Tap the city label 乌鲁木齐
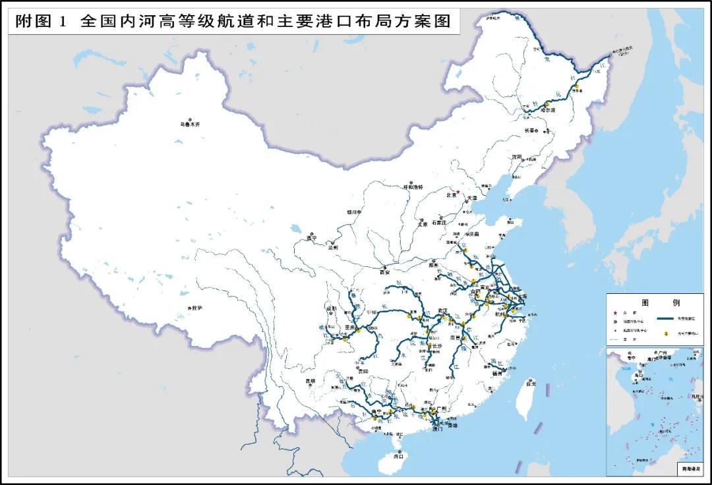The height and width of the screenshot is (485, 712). click(x=189, y=124)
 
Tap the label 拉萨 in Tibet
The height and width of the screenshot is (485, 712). click(x=196, y=308)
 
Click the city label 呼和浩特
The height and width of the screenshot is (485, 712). click(x=415, y=187)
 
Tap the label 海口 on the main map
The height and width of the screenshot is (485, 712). click(x=398, y=455)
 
